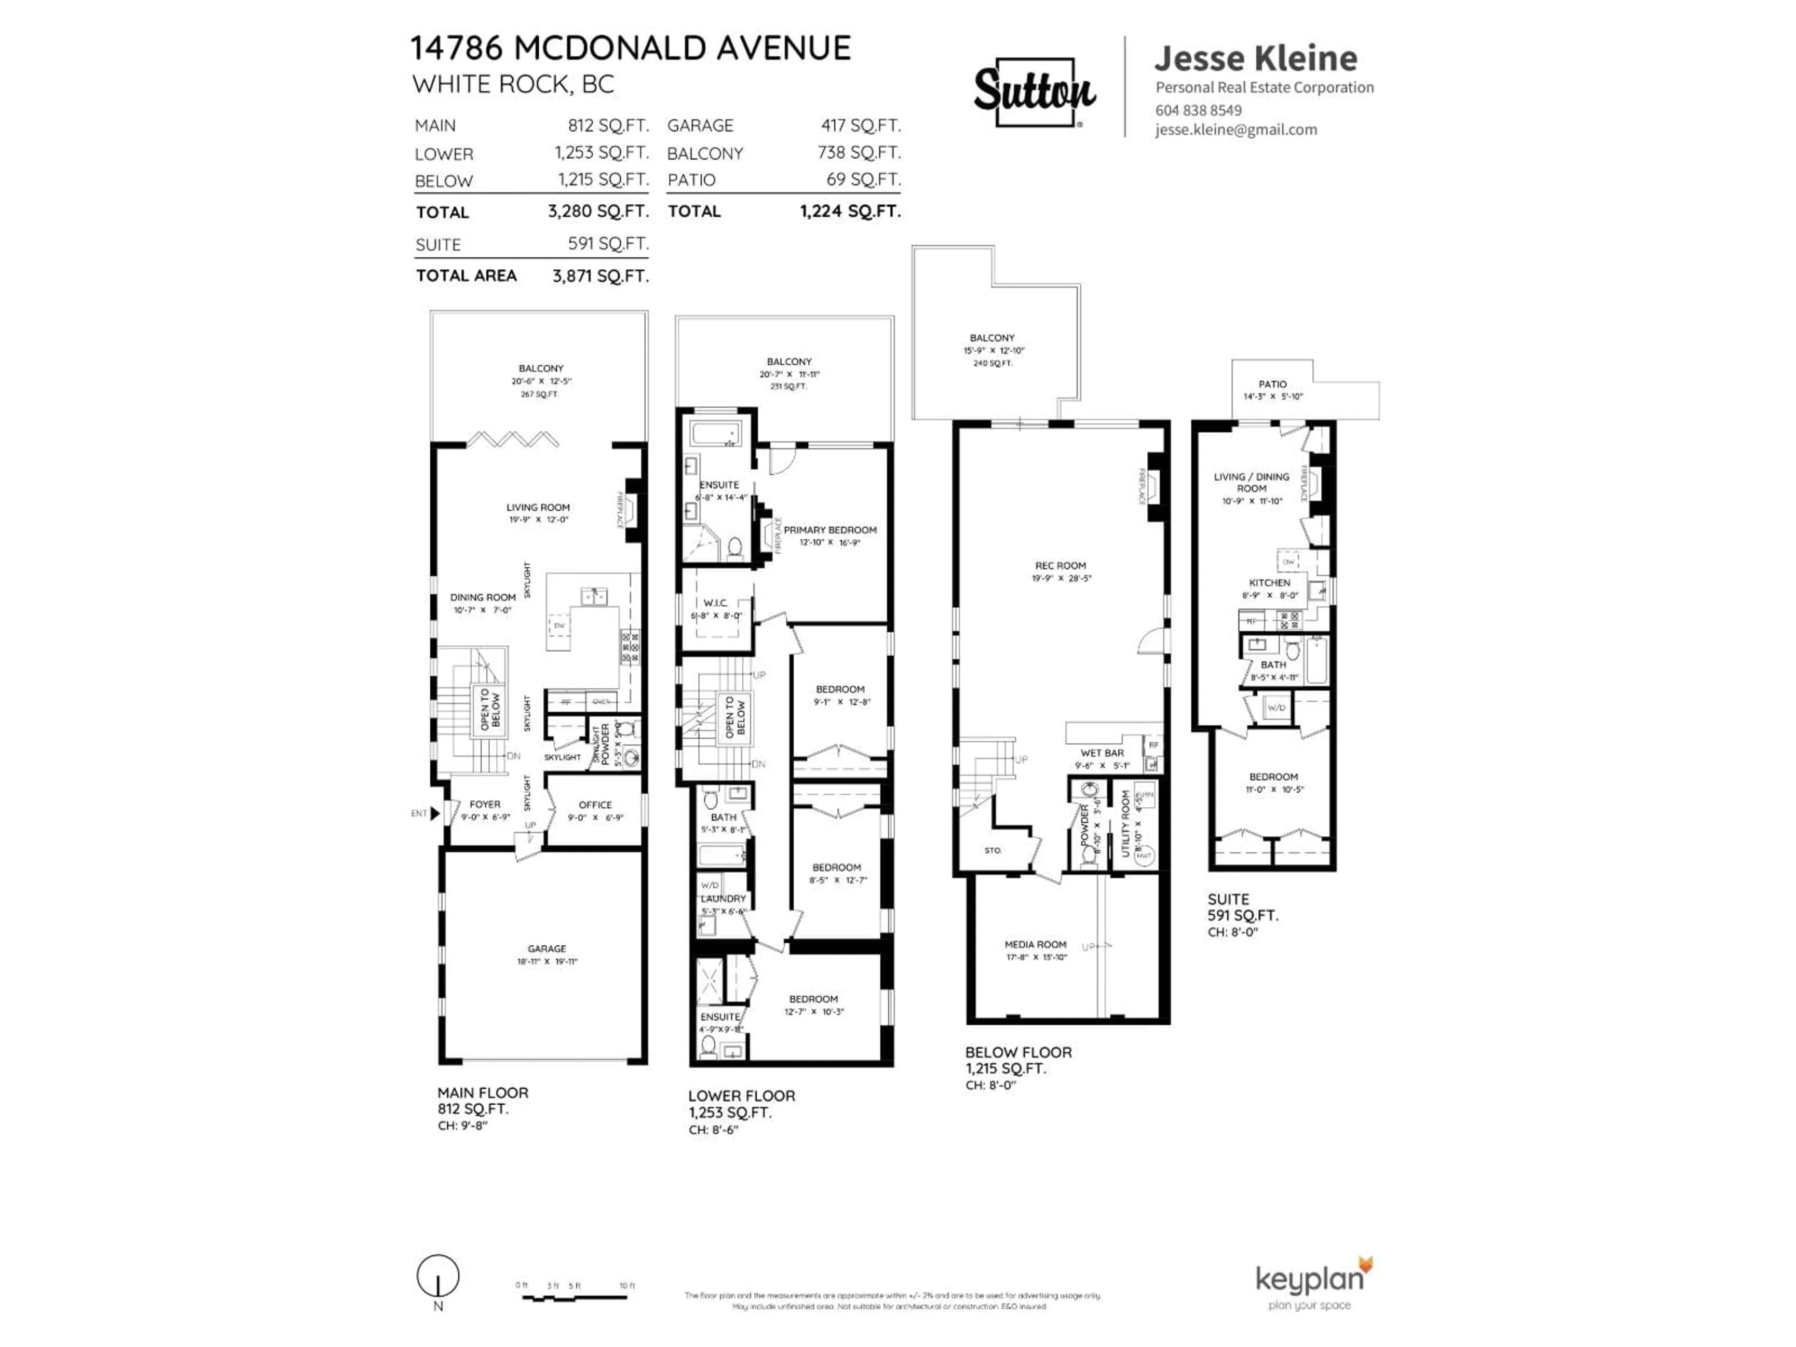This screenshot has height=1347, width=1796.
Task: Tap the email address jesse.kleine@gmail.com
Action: point(1236,130)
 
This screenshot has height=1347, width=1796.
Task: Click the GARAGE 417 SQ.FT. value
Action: point(861,126)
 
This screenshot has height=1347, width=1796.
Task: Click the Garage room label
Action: point(546,949)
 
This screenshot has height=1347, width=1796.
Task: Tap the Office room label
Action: point(594,804)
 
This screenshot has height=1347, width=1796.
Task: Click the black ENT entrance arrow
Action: point(435,813)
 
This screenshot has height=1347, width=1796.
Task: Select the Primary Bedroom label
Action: point(830,530)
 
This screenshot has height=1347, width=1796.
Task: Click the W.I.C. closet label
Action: point(715,603)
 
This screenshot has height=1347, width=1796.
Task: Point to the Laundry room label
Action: point(723,899)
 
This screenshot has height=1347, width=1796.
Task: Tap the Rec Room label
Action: point(1060,566)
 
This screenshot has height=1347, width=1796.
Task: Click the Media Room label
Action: point(1035,944)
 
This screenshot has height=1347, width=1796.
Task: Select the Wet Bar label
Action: point(1102,753)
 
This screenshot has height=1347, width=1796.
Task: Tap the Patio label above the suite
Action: point(1272,384)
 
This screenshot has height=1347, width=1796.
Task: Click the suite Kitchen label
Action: point(1269,583)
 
